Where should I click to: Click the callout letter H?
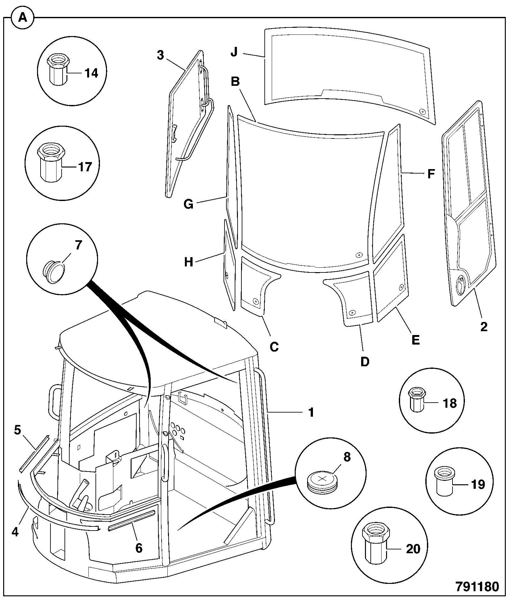(189, 262)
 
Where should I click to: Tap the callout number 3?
(160, 55)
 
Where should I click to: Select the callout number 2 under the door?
(484, 326)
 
